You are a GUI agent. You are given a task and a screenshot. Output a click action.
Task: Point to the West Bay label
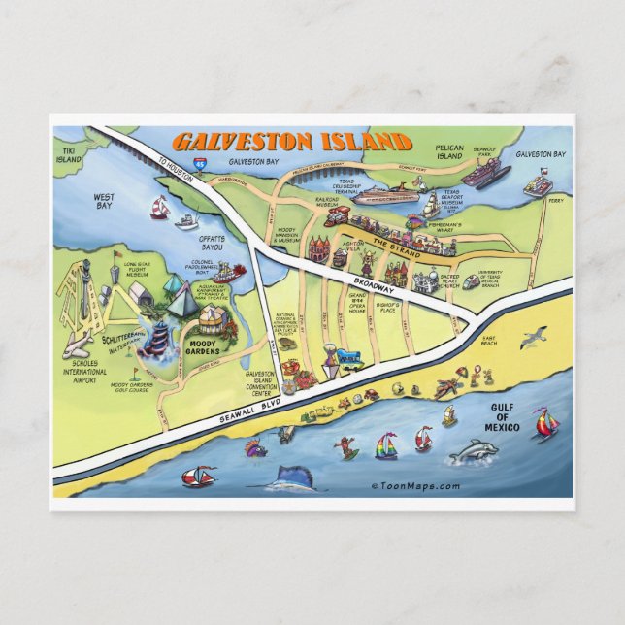(104, 201)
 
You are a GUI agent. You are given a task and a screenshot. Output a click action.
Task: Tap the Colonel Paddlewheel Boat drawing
(224, 274)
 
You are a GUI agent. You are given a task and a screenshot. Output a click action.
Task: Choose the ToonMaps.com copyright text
(415, 486)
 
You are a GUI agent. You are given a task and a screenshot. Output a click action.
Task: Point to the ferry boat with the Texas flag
(542, 184)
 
